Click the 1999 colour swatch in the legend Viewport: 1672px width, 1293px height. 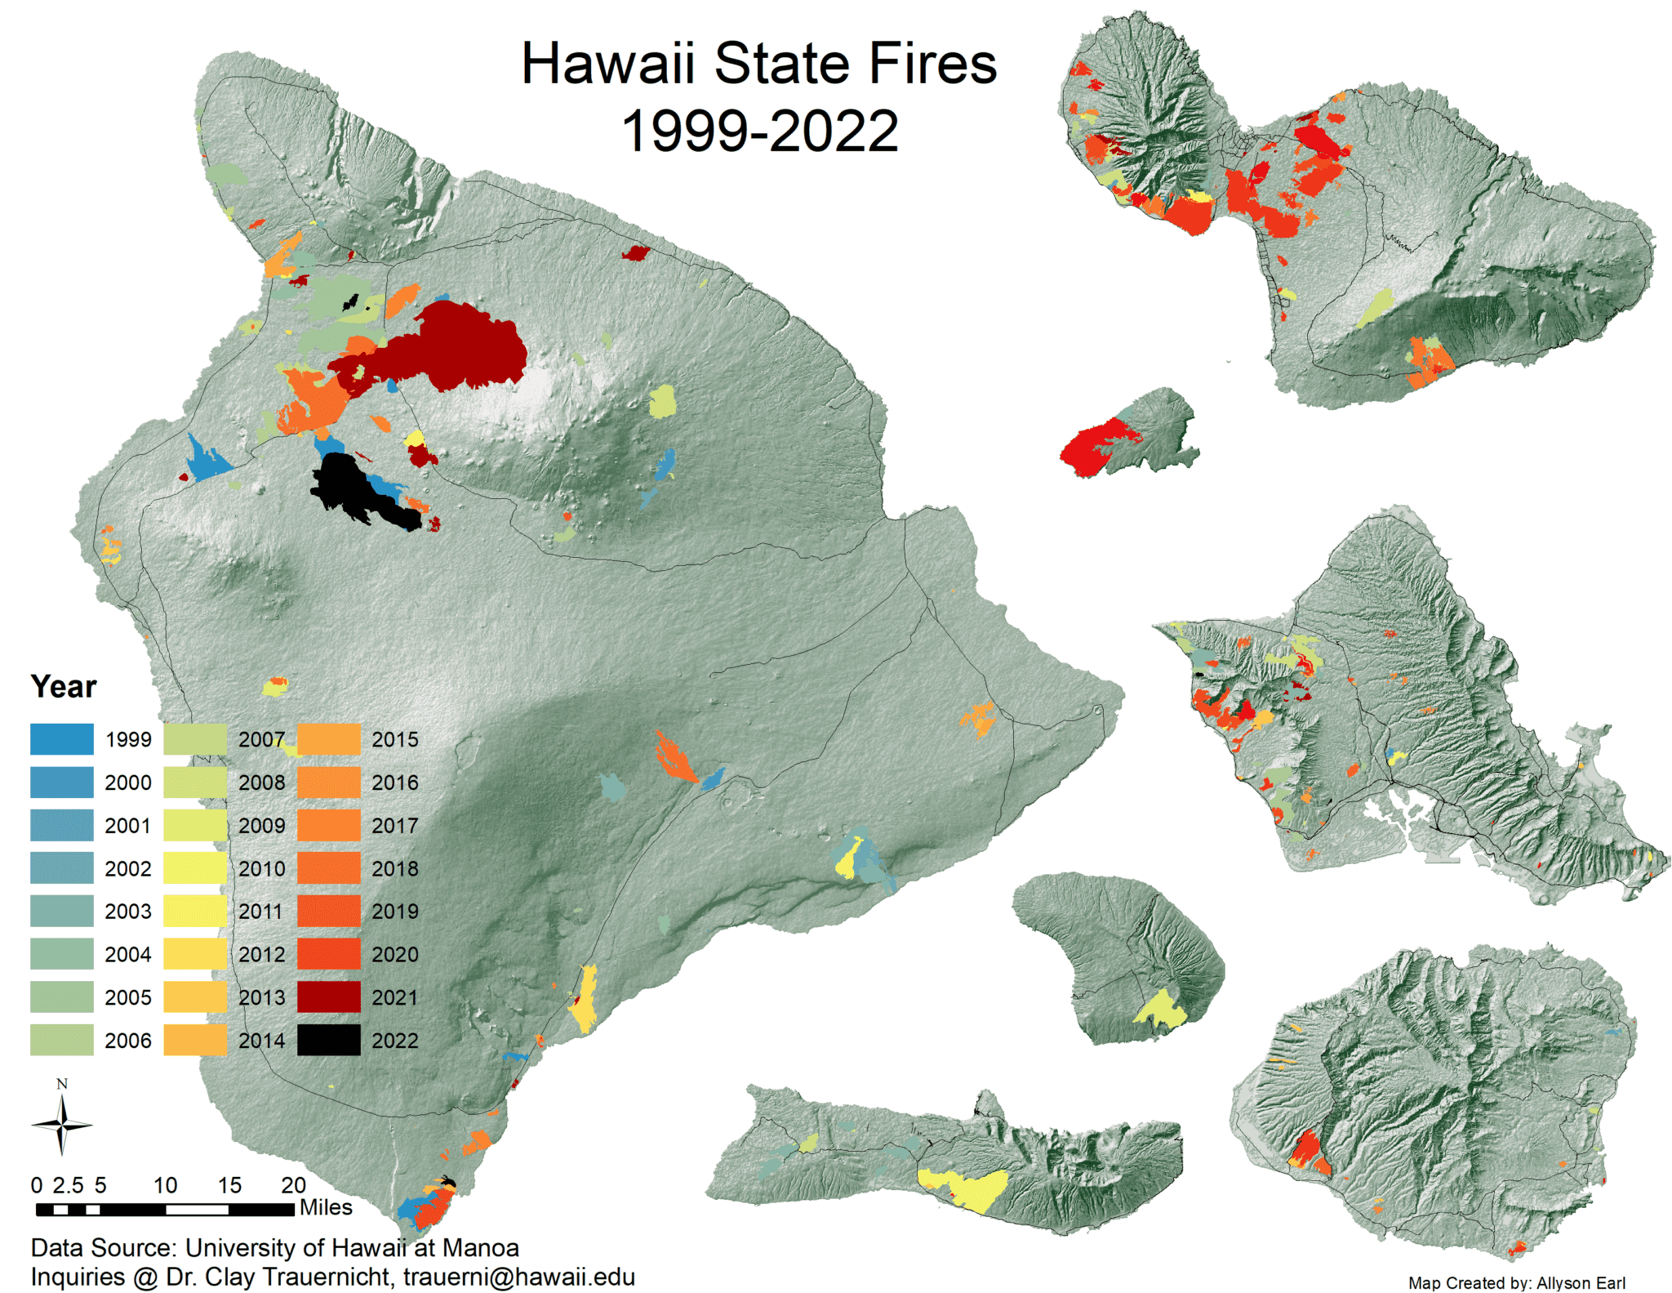62,739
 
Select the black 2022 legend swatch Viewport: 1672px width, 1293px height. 328,1040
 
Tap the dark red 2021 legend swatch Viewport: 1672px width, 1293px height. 328,997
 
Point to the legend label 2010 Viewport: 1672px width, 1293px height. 261,868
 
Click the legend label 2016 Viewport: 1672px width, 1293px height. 394,782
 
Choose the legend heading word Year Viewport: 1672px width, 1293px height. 64,686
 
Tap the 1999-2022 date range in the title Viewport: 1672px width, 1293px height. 759,131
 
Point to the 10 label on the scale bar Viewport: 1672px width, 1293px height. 165,1185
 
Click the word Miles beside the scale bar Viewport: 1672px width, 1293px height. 326,1207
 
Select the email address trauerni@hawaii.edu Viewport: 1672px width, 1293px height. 518,1277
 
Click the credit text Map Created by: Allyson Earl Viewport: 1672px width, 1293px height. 1516,1282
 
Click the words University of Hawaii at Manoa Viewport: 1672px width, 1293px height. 352,1247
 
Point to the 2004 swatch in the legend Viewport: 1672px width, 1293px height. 62,954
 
